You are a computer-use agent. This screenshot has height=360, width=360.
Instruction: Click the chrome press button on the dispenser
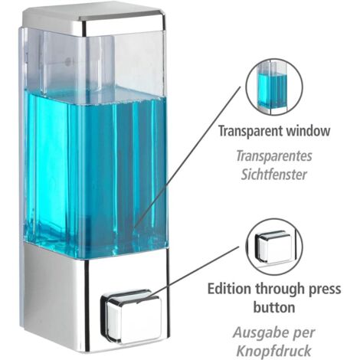pos(132,316)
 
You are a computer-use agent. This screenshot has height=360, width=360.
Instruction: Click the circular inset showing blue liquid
pos(274,87)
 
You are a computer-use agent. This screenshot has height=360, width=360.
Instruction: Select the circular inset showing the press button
pos(274,247)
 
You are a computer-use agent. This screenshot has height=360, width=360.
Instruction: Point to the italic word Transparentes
pos(274,155)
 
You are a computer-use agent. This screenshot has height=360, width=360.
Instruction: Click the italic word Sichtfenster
pos(274,175)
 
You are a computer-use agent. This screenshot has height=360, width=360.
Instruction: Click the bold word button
pos(274,307)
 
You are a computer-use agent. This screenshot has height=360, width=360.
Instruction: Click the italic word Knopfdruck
pos(274,351)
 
